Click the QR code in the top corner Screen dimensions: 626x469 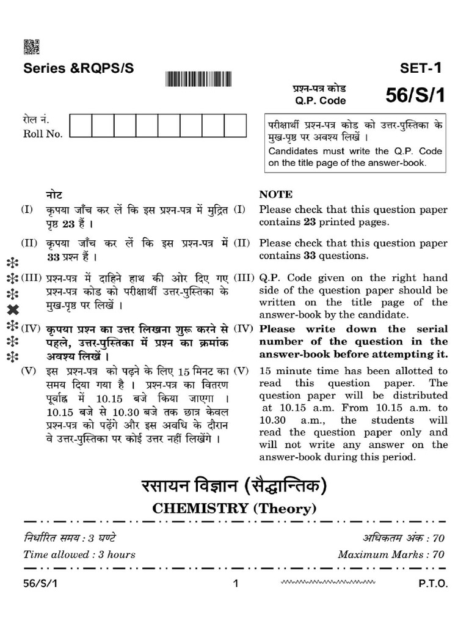point(31,47)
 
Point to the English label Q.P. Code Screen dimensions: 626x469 point(319,101)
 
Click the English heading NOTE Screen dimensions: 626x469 point(276,194)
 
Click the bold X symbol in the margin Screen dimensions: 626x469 point(12,310)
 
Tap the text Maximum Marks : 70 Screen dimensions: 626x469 point(391,555)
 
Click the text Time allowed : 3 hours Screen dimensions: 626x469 point(79,555)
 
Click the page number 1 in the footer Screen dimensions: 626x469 point(236,584)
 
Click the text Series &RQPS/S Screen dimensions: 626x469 point(78,68)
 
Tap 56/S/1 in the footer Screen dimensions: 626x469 point(40,584)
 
